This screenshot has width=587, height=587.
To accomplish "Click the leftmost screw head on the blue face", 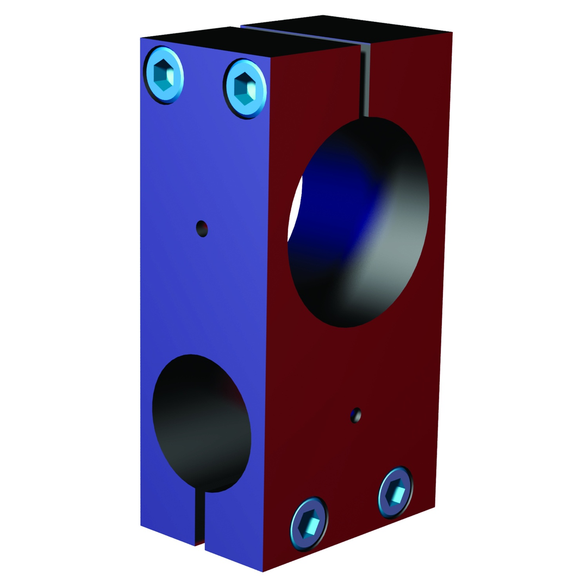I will pos(163,75).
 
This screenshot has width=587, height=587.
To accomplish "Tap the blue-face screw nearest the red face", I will pos(245,88).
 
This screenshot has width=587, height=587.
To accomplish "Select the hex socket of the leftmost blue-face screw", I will pos(163,75).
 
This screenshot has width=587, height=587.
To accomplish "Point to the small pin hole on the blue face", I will pos(202,228).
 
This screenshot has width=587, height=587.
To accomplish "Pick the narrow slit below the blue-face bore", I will pos(199,516).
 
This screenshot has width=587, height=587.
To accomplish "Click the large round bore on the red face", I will pos(359,223).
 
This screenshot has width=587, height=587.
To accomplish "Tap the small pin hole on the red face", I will pos(355,415).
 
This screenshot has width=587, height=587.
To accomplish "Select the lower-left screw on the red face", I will pos(309,523).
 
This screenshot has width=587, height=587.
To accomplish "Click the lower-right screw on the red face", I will pos(396,492).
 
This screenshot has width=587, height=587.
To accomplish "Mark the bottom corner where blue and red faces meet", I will pos(263,571).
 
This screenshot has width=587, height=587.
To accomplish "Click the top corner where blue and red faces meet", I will pos(271,57).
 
